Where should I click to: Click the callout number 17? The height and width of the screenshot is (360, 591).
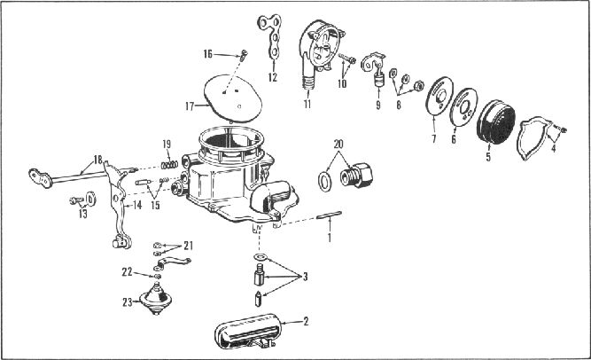tap(189, 106)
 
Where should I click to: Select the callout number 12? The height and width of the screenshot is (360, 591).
tap(272, 77)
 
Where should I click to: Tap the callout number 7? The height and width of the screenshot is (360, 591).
tap(432, 140)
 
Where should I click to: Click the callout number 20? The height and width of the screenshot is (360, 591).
tap(338, 143)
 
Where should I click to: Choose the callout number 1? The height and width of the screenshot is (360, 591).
tap(330, 238)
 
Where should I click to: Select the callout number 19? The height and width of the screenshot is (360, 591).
tap(166, 145)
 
